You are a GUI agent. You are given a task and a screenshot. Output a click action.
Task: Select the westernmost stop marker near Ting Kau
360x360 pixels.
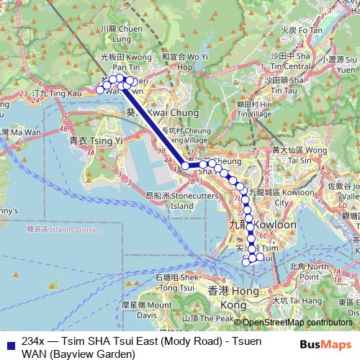[x=100, y=90]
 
